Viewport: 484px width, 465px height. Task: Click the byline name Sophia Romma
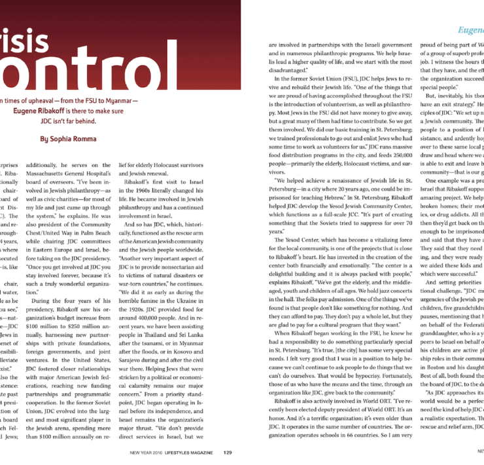tap(90, 139)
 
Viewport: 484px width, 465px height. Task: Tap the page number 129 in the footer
tap(227, 451)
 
